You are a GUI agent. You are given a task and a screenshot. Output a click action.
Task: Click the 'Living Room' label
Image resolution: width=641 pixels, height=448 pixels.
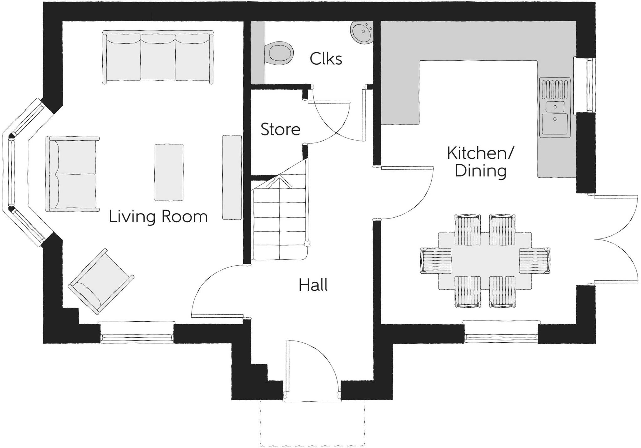158,217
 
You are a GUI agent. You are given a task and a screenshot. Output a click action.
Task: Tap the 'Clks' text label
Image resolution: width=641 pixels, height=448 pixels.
326,58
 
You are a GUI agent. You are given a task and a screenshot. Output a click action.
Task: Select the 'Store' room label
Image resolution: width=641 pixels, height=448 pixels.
280,129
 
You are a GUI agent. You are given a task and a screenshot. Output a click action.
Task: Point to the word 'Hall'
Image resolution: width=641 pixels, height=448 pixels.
313,285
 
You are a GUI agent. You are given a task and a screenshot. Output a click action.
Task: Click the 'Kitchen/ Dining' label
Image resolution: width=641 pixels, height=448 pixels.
480,162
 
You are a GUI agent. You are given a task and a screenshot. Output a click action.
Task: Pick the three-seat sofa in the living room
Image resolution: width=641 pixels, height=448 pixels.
158,57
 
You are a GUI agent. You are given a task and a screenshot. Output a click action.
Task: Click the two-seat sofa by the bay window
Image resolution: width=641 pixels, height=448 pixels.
72,174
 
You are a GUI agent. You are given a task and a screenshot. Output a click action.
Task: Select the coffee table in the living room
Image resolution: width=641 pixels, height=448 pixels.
169,172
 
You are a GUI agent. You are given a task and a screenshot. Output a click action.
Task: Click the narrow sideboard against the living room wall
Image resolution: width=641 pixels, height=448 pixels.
232,177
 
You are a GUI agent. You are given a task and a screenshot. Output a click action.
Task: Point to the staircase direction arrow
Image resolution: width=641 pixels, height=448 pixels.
279,183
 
